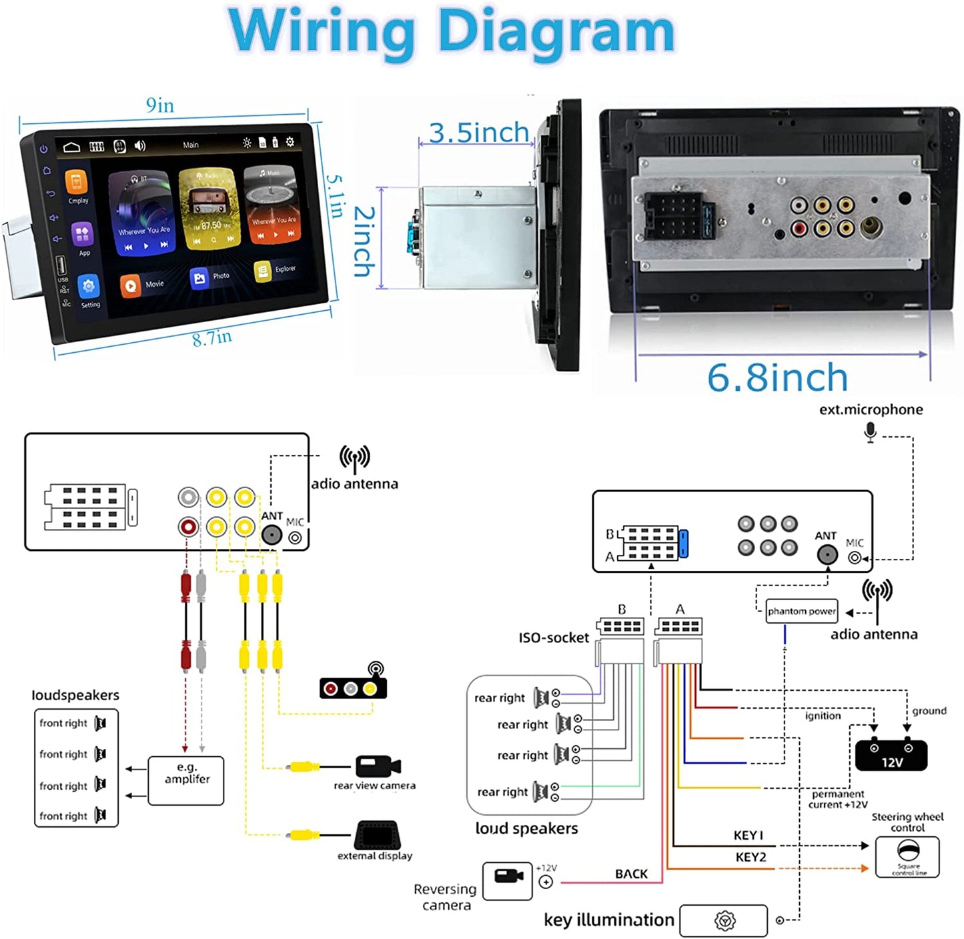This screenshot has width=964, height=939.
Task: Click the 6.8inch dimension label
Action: [777, 378]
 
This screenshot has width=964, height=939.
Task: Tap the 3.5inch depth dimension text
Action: [478, 133]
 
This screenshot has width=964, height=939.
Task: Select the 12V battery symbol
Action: [891, 755]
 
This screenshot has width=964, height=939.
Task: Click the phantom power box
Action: [801, 611]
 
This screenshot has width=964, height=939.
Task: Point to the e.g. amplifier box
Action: [186, 780]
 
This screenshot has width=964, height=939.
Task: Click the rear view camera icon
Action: [378, 766]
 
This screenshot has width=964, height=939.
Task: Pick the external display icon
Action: [377, 834]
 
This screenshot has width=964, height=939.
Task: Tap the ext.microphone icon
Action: [870, 432]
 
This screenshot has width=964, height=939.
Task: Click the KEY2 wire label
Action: [751, 857]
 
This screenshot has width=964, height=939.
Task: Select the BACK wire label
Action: [631, 874]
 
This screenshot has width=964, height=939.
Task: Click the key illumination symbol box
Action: [724, 921]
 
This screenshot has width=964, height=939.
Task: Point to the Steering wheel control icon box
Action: [907, 857]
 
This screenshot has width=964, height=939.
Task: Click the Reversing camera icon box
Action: [507, 881]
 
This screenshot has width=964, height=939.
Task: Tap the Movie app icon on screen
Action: [131, 285]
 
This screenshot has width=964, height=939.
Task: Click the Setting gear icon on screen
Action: [88, 287]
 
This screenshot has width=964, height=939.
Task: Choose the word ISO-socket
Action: [554, 638]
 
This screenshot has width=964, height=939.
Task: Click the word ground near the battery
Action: [929, 711]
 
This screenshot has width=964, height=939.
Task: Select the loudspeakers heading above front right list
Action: [75, 695]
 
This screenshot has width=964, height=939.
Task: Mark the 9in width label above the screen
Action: [160, 105]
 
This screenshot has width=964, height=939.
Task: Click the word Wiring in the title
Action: [321, 31]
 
